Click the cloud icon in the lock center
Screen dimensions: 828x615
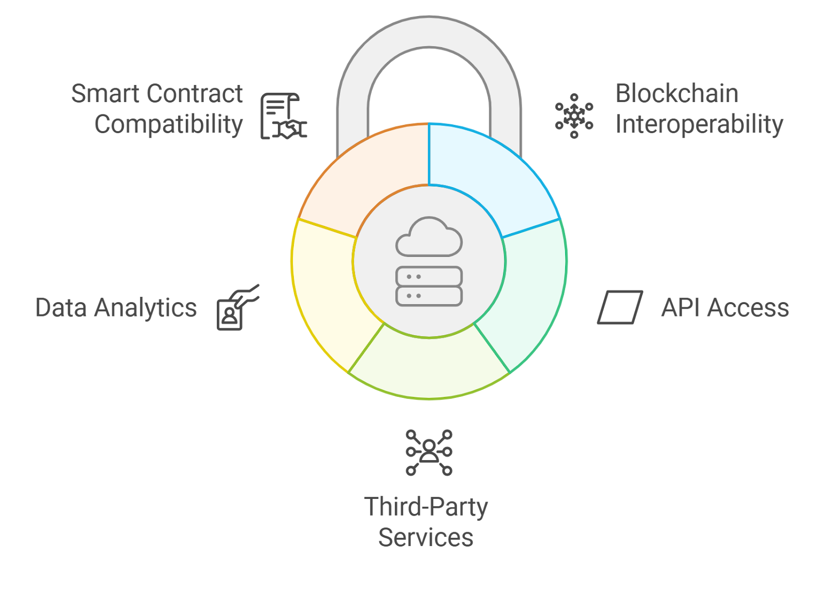coord(428,238)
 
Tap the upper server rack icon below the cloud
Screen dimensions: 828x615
coord(428,277)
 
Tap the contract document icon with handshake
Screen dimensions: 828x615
coord(283,117)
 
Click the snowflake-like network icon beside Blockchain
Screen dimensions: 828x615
coord(574,116)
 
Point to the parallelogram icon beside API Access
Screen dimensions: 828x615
coord(620,307)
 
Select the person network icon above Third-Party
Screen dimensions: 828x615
coord(428,452)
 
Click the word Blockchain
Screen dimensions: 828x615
coord(676,94)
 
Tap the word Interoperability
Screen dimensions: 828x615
coord(699,124)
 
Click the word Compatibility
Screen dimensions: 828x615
coord(168,124)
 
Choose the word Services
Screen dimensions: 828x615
coord(425,537)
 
